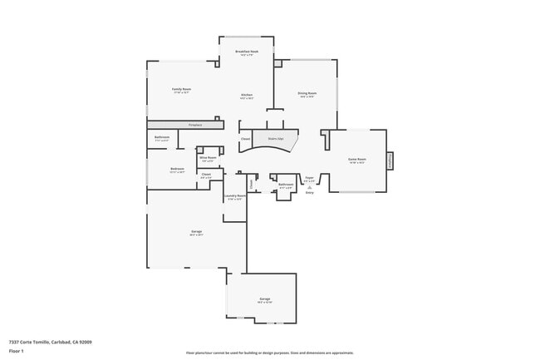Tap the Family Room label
click(181, 88)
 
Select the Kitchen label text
click(247, 96)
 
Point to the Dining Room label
click(306, 93)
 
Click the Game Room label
click(357, 158)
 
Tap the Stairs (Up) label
click(275, 138)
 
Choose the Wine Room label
click(208, 156)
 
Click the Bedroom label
click(177, 169)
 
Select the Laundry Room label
click(236, 195)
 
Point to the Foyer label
click(309, 177)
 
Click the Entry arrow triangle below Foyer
click(309, 187)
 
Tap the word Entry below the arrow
click(309, 193)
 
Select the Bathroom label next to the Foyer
click(285, 185)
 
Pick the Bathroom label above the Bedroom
click(162, 137)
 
